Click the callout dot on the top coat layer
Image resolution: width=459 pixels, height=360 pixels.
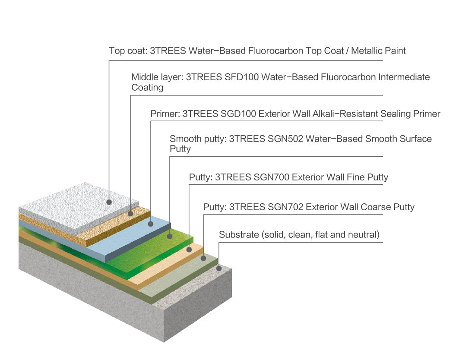pos(109,202)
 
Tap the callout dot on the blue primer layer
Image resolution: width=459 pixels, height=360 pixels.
pos(150,224)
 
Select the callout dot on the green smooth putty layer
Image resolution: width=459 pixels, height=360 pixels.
pos(170,236)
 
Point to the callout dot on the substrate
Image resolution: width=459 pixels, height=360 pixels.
pos(219,268)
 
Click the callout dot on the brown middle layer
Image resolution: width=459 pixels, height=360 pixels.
pos(130,213)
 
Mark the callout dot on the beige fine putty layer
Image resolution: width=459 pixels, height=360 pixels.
pos(189,249)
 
